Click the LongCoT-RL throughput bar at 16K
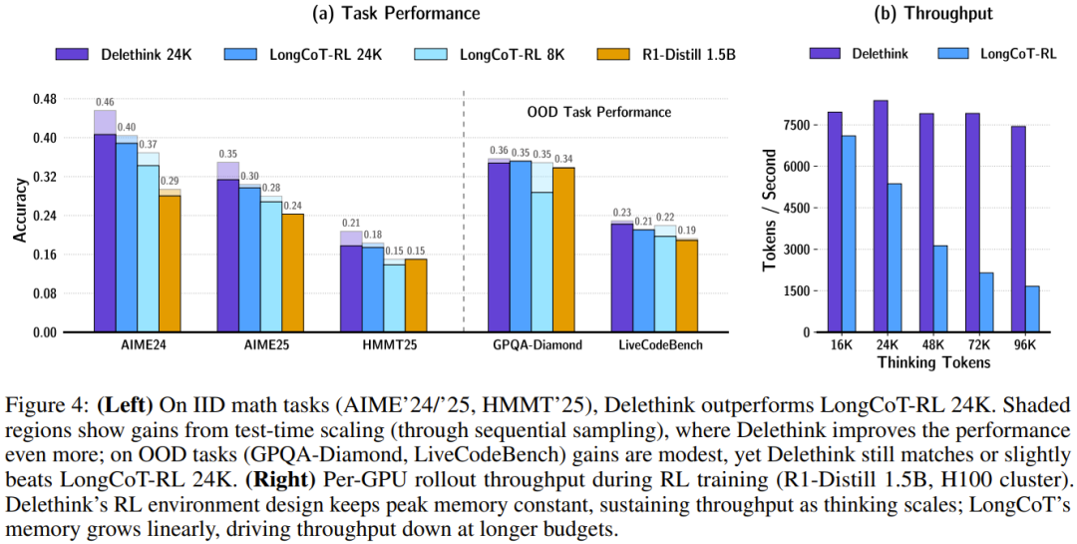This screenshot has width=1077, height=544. coord(849,234)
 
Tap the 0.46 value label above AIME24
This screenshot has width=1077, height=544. coord(105,102)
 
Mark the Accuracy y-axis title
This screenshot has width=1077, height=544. coord(20,216)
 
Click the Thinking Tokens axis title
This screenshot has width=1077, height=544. coord(934,362)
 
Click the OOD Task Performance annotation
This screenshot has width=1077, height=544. coord(598,112)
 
